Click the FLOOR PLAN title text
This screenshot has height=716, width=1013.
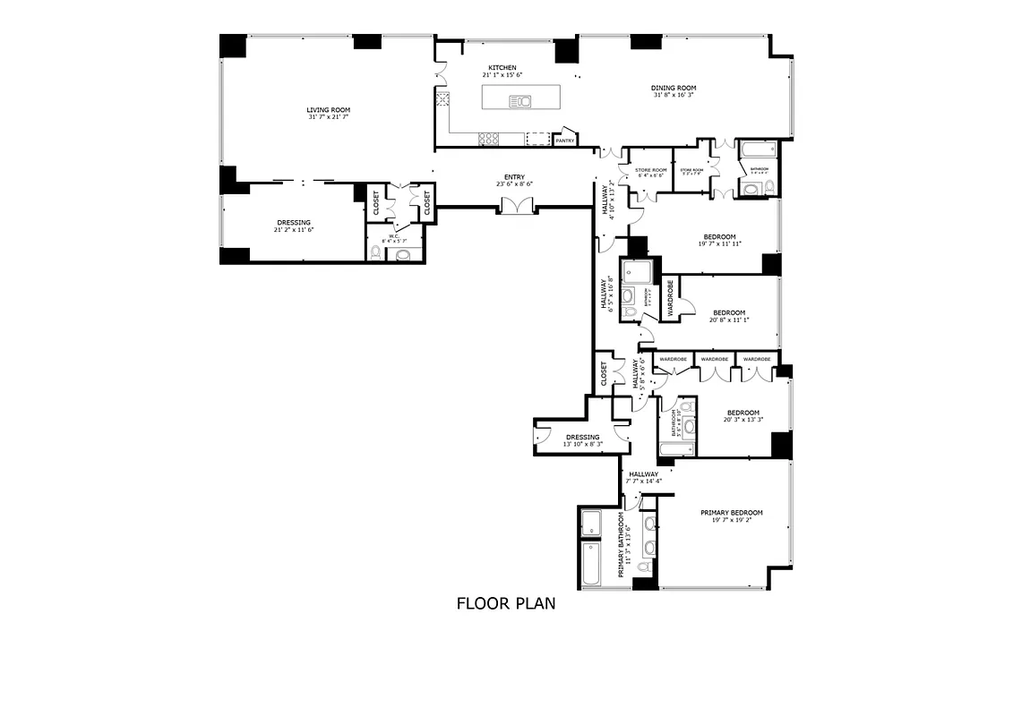pos(506,603)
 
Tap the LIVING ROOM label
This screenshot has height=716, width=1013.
pos(328,110)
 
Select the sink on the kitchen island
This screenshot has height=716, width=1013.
pos(520,101)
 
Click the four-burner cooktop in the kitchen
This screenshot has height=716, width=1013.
pos(489,138)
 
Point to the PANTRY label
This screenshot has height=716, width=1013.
pos(564,141)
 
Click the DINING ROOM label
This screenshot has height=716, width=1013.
pos(674,89)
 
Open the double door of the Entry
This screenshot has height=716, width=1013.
pos(517,206)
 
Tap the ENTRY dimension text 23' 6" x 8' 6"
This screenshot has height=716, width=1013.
pos(514,184)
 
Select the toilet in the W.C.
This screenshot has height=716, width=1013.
pos(402,255)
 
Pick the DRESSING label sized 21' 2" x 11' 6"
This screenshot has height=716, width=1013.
pos(293,223)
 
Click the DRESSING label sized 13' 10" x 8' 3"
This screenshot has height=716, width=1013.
pos(582,438)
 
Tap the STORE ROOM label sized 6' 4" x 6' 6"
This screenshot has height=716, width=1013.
pos(651,170)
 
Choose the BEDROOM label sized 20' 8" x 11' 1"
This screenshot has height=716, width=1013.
pos(727,313)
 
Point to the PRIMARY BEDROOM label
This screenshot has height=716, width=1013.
pos(731,513)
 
